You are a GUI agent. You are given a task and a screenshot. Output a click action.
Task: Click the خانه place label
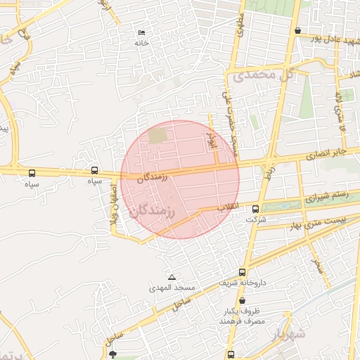142,43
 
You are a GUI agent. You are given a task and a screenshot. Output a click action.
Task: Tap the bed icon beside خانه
142,32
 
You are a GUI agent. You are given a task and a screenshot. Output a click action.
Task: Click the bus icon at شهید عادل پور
299,31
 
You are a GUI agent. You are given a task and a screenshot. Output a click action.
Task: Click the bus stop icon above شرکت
255,208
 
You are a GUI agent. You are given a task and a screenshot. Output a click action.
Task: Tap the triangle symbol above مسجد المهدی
172,277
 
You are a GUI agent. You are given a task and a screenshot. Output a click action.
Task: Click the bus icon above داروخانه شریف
243,272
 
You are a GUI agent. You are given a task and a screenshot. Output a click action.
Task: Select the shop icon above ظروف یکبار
242,300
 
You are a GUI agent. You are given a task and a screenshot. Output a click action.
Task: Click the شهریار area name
289,333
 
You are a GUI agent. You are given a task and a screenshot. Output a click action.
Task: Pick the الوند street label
209,136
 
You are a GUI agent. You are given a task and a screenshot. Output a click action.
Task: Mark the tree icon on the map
115,354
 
